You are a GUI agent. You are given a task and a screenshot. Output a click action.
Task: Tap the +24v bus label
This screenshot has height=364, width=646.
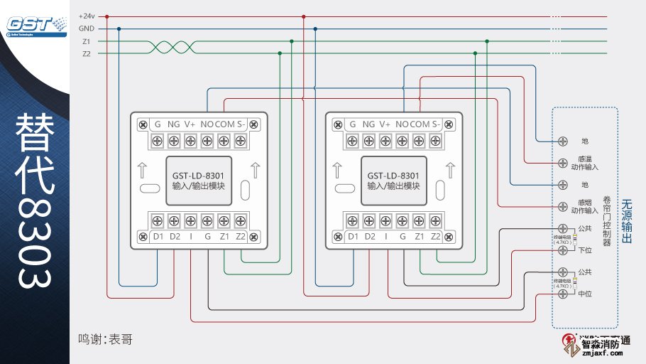[x=87, y=16]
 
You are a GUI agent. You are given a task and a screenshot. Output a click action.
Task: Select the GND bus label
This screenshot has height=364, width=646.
[x=87, y=29]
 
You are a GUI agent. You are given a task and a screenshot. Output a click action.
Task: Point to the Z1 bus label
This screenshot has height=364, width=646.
[x=86, y=41]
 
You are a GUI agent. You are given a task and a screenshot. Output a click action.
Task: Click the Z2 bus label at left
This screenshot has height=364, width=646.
[x=86, y=53]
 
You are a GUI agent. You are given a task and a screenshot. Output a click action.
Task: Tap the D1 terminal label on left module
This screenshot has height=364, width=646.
[x=158, y=236]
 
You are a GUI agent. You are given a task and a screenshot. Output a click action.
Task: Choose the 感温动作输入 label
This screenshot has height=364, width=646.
[x=585, y=164]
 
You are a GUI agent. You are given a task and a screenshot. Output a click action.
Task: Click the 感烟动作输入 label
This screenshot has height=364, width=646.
[x=585, y=206]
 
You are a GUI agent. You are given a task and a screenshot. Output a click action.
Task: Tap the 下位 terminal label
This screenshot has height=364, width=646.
[x=585, y=250]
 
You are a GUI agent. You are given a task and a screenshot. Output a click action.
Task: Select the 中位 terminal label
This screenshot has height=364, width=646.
[x=585, y=294]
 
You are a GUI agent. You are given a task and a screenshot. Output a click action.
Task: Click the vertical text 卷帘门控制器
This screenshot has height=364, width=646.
[x=606, y=220]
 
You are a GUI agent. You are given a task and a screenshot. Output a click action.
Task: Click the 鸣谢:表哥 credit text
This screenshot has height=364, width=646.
[x=105, y=340]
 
